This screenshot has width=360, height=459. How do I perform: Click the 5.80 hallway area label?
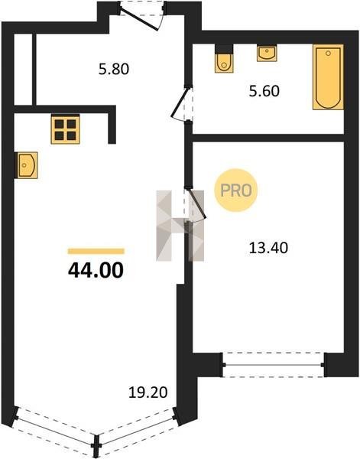coord(114,70)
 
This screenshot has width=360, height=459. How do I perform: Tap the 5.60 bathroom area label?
coord(264,91)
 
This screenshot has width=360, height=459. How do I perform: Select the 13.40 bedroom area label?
coord(268,248)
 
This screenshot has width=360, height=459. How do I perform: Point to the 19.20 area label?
coord(148,392)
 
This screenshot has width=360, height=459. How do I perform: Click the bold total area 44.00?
coord(96,270)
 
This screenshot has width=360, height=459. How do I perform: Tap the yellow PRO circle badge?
coord(235,190)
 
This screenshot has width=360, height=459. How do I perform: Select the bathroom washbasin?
coord(267,53)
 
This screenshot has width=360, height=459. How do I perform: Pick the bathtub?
coord(328,77)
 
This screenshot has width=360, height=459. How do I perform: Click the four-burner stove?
coord(65,129)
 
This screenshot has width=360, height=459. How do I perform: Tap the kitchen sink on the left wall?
coord(26,165)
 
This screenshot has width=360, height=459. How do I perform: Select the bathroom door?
coord(182,103)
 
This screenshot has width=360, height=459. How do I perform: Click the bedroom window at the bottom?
coord(273,365)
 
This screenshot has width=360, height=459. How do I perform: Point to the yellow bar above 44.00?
coord(96,251)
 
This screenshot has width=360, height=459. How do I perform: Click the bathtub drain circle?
coord(328,54)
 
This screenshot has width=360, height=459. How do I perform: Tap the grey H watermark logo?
coord(180,226)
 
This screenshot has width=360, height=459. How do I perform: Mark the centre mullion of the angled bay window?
coord(96,445)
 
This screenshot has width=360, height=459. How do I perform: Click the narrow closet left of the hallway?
coord(23,70)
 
